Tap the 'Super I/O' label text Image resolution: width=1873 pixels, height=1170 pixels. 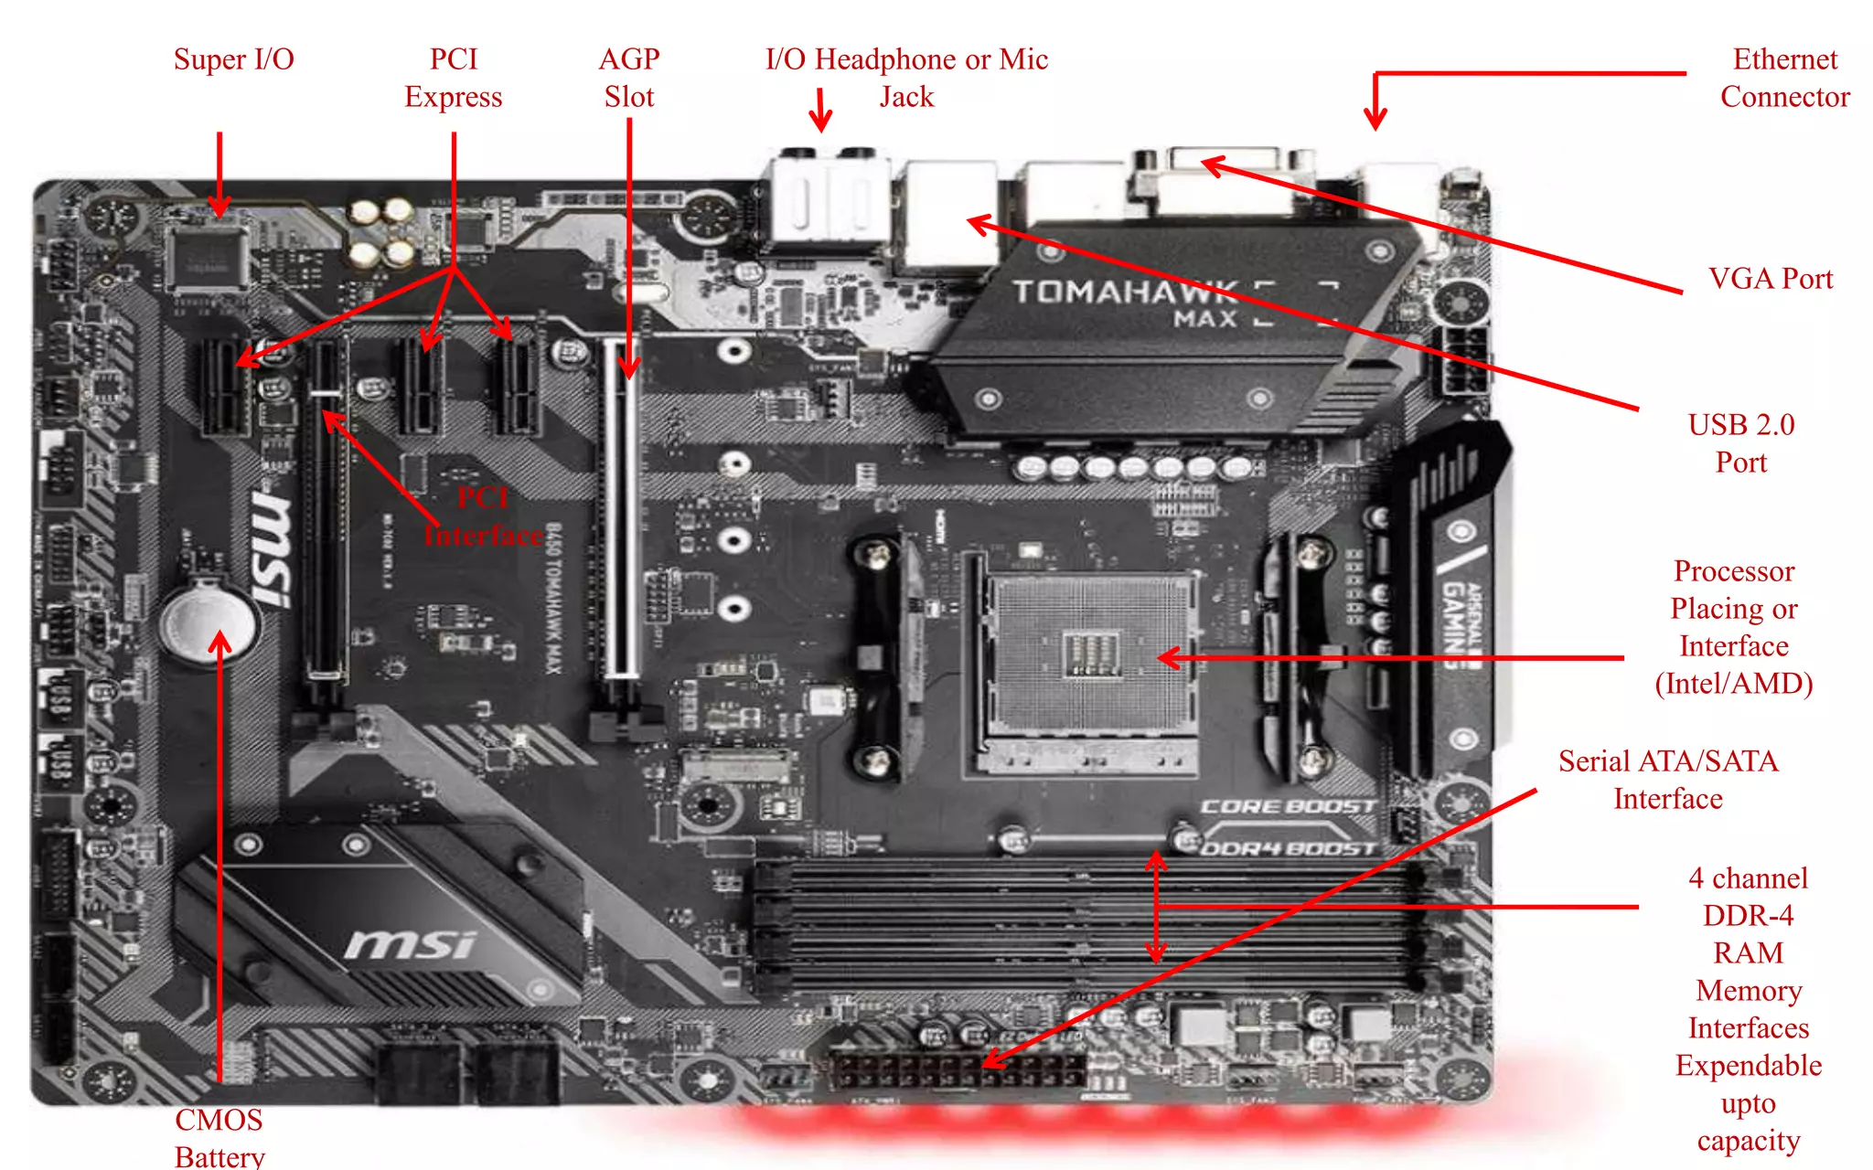click(234, 59)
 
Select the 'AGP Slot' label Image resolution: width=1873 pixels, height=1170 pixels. click(629, 78)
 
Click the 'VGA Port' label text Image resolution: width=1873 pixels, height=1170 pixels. click(1771, 279)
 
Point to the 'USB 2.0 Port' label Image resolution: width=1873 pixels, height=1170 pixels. click(1741, 443)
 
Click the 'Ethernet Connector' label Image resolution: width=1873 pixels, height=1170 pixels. click(1784, 78)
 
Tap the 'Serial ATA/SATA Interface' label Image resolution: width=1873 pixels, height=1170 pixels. click(1668, 780)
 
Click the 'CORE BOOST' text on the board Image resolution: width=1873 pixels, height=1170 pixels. click(1288, 806)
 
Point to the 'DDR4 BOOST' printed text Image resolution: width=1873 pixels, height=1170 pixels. click(1288, 848)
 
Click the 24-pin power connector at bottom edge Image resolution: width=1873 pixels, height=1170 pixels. click(957, 1068)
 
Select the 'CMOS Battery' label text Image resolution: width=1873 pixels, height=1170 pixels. click(219, 1138)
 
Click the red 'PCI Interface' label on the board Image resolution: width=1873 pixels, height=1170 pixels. click(483, 516)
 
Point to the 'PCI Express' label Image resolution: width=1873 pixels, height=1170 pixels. click(454, 78)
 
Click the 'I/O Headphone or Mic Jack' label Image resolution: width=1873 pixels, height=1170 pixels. click(906, 78)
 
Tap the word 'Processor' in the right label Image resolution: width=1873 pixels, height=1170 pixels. click(1734, 571)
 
